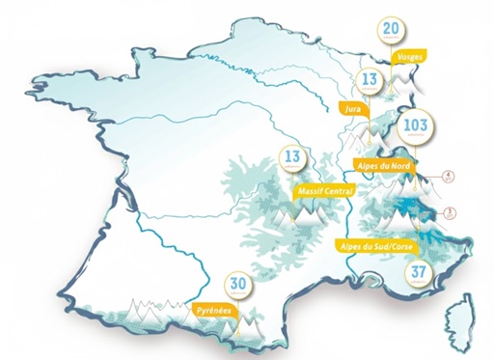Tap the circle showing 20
tap(391, 30)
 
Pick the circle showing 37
tap(418, 273)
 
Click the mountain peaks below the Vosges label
tap(420, 82)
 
